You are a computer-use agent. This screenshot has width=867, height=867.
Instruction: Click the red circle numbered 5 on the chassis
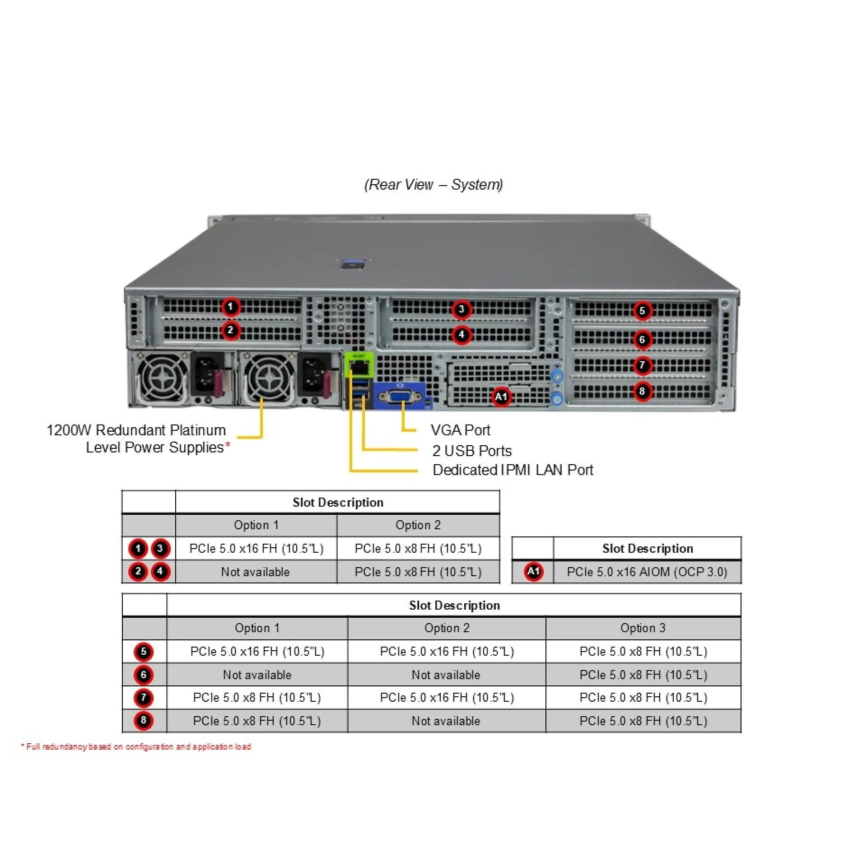642,311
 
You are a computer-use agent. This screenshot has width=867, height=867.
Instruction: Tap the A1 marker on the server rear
501,397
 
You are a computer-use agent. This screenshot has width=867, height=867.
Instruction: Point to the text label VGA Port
460,430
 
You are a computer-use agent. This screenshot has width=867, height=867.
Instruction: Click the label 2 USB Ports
472,451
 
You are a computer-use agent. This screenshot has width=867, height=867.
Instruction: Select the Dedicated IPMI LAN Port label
513,470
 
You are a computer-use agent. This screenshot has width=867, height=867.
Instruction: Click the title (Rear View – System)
433,184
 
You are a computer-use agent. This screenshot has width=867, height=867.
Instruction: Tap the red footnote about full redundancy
136,746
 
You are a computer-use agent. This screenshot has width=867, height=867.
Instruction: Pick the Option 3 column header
643,628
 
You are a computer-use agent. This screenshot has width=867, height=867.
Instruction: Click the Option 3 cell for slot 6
643,675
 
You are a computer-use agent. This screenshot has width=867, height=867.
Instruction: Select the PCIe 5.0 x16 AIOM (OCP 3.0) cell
647,572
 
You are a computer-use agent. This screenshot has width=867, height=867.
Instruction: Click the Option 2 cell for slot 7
447,698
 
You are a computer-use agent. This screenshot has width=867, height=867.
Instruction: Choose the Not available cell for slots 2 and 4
255,572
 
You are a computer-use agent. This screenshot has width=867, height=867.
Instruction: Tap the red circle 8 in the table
144,720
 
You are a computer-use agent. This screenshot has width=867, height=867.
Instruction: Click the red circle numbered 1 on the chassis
230,307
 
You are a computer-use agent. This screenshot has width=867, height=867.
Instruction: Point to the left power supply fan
162,378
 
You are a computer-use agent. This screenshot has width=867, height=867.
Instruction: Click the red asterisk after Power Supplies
228,445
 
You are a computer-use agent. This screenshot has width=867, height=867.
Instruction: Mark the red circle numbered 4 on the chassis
461,335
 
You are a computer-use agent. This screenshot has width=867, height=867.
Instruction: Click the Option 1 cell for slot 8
256,721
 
